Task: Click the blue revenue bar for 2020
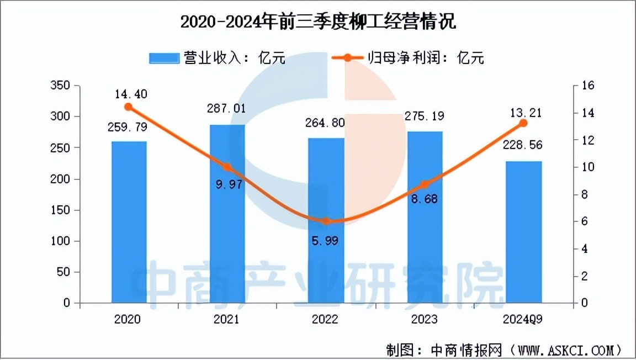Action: point(129,222)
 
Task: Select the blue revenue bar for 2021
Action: point(227,214)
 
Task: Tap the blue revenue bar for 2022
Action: point(326,221)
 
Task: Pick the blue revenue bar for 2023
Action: point(425,217)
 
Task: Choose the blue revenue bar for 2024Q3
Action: point(523,232)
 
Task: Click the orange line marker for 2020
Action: point(129,107)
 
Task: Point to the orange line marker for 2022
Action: point(326,221)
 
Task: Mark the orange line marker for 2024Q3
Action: point(523,123)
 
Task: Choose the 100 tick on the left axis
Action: point(63,241)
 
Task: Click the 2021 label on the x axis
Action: point(227,320)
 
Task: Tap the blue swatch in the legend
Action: point(164,58)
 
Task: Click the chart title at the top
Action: point(319,23)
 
